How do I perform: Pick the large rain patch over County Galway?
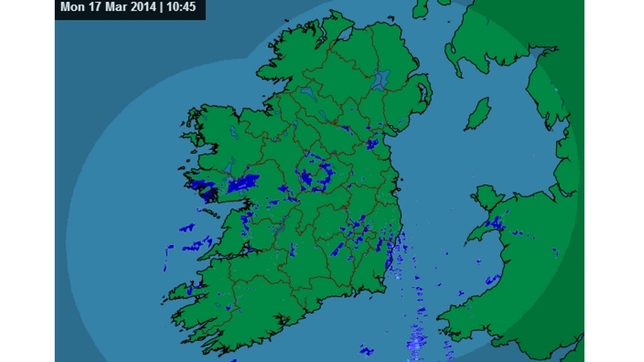[x=243, y=183]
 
